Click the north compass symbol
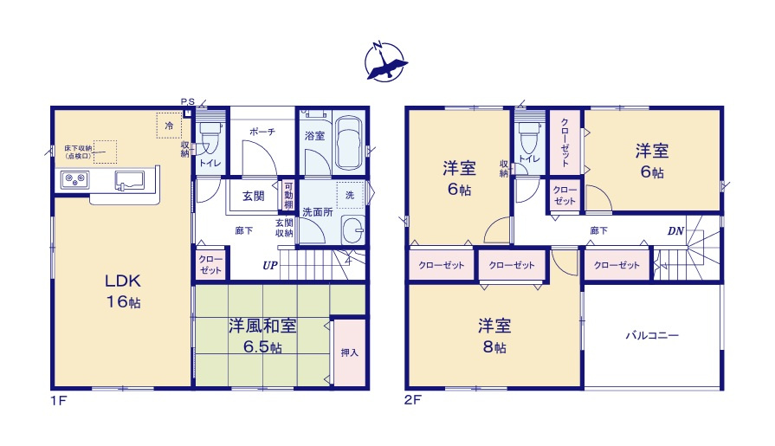(x=384, y=61)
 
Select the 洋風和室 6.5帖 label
(x=262, y=335)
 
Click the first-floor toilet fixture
(x=210, y=137)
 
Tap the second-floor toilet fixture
(x=528, y=138)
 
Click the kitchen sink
(x=130, y=180)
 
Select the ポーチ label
(x=262, y=132)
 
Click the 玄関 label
(x=253, y=195)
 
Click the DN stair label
(x=675, y=231)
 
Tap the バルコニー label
(x=652, y=335)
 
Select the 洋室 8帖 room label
(x=494, y=336)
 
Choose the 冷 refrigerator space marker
(x=170, y=126)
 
